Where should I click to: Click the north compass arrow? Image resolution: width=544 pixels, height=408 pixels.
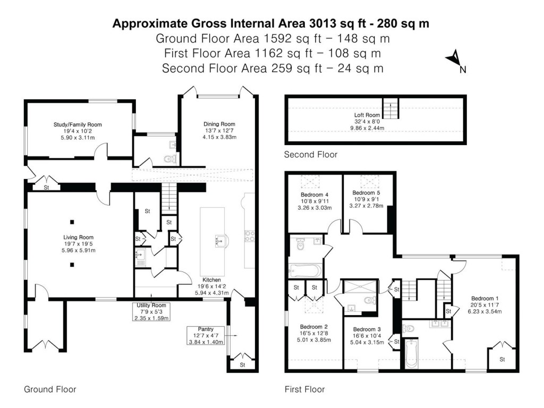coord(455,58)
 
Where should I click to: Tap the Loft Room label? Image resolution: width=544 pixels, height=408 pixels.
coord(367,115)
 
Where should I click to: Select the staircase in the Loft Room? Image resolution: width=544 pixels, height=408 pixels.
coord(390,109)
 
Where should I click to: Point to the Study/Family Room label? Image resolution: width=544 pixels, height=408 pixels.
coord(78,125)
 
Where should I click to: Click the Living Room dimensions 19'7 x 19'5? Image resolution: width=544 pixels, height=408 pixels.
coord(79,245)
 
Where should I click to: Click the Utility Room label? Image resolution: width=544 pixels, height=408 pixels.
coord(151,305)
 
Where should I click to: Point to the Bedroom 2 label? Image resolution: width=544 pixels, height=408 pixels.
coord(313,327)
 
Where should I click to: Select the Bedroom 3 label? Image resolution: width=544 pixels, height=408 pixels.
coord(367,329)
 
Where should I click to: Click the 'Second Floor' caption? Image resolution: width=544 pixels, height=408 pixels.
coord(310,155)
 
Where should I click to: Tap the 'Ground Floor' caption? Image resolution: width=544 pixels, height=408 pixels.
coord(50,389)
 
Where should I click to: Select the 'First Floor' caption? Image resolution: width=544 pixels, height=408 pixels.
coord(304,389)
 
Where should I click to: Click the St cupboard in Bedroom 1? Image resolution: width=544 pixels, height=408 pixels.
coord(502,359)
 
